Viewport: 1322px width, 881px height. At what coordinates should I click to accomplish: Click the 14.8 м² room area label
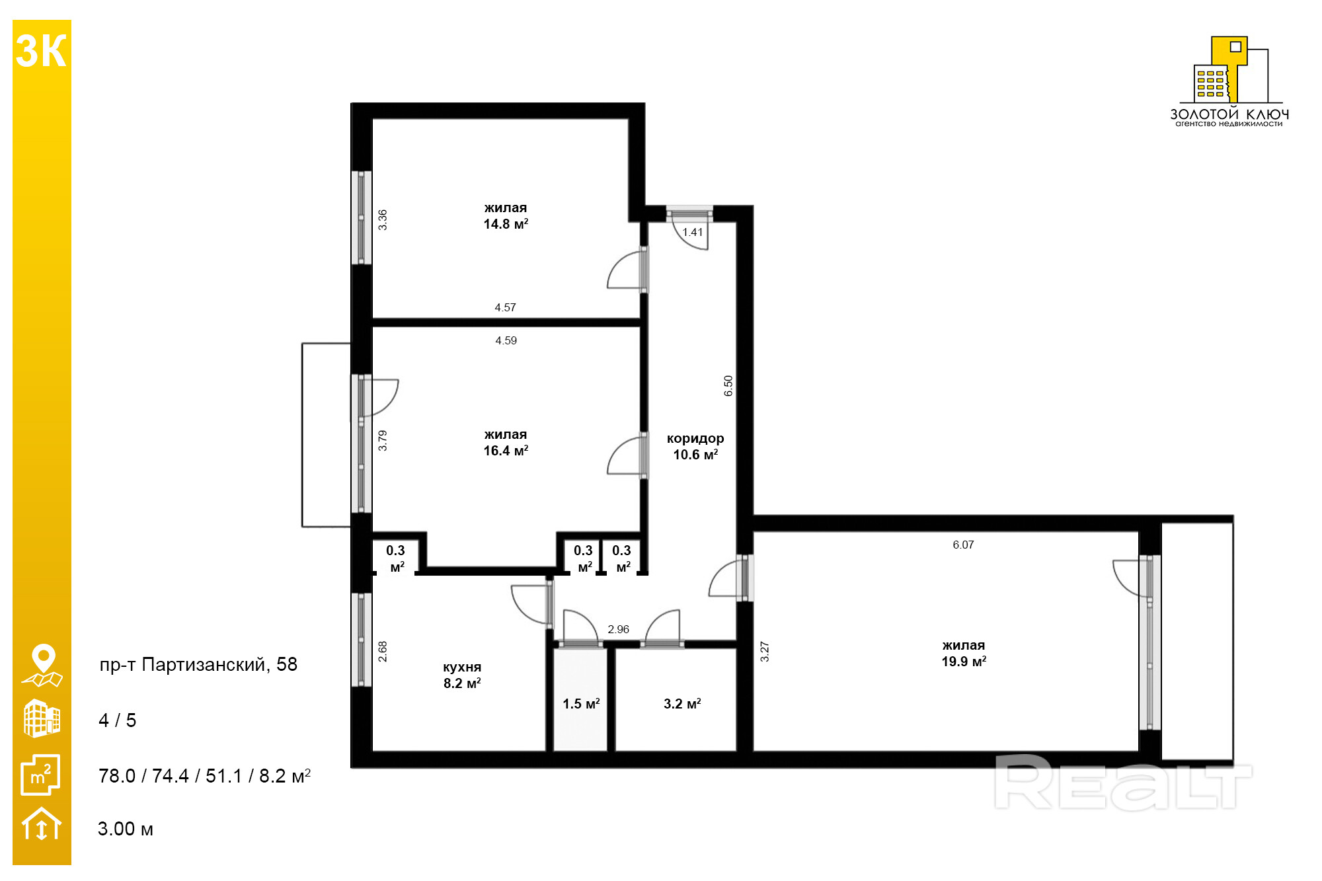(506, 224)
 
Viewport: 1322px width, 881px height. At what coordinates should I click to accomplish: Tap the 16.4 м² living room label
(506, 451)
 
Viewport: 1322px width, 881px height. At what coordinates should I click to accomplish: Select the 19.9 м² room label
(964, 662)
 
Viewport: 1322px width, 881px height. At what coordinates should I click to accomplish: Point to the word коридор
(695, 439)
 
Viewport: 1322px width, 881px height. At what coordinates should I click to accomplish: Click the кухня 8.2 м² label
(462, 675)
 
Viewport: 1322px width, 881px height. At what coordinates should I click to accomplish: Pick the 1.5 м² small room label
(581, 704)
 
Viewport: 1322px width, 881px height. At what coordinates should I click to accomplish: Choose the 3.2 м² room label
(682, 704)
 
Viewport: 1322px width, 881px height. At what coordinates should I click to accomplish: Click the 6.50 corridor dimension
(728, 386)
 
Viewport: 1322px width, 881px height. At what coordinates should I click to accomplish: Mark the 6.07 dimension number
(963, 545)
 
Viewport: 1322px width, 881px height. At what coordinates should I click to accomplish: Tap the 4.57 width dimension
(505, 307)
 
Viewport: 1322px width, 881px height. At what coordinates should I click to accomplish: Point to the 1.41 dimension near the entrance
(693, 232)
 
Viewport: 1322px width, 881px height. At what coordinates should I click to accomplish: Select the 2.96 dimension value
(619, 629)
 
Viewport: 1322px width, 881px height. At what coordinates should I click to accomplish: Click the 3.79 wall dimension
(383, 440)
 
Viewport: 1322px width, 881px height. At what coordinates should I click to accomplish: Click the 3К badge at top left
(41, 51)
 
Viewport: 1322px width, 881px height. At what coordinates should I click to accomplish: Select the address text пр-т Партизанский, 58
(198, 664)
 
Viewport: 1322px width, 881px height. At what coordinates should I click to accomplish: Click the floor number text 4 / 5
(117, 720)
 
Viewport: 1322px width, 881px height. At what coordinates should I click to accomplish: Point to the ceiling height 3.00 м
(126, 829)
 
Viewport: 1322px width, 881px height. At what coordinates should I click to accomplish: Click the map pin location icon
(42, 666)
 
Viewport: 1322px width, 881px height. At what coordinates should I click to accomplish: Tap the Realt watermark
(1123, 783)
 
